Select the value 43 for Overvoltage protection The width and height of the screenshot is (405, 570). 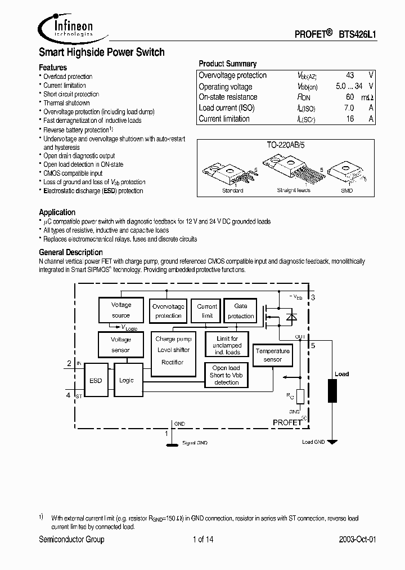pyautogui.click(x=350, y=75)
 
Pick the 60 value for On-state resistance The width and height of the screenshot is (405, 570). pyautogui.click(x=350, y=97)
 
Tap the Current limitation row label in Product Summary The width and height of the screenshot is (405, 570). pyautogui.click(x=224, y=119)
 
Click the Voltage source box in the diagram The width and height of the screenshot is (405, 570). pyautogui.click(x=120, y=310)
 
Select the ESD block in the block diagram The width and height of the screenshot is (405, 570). pyautogui.click(x=96, y=380)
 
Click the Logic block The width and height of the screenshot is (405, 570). pyautogui.click(x=127, y=380)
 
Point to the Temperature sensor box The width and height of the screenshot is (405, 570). pyautogui.click(x=272, y=355)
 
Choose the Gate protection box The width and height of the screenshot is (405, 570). pyautogui.click(x=240, y=311)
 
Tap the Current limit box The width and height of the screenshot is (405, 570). pyautogui.click(x=207, y=311)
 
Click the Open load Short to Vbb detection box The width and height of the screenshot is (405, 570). pyautogui.click(x=226, y=375)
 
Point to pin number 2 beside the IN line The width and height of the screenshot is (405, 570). pyautogui.click(x=69, y=364)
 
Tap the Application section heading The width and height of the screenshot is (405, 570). pyautogui.click(x=57, y=212)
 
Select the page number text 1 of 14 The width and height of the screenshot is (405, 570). pyautogui.click(x=202, y=540)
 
